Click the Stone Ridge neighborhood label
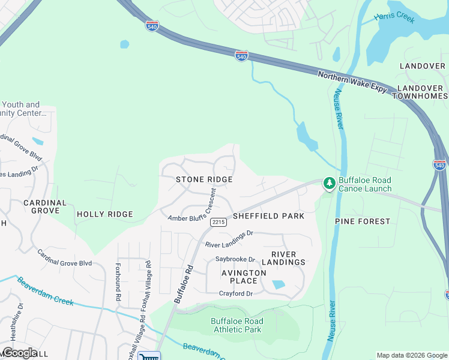click(x=204, y=179)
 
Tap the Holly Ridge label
click(x=105, y=214)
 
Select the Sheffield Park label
click(x=268, y=216)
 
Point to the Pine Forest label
click(x=362, y=221)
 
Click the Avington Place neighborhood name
click(x=244, y=277)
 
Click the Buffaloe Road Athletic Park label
click(x=237, y=325)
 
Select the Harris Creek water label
click(x=394, y=19)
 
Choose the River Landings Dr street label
click(x=229, y=239)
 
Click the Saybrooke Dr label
click(x=235, y=260)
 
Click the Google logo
click(x=20, y=352)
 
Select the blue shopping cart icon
click(x=149, y=356)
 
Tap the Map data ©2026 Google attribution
click(x=411, y=355)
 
